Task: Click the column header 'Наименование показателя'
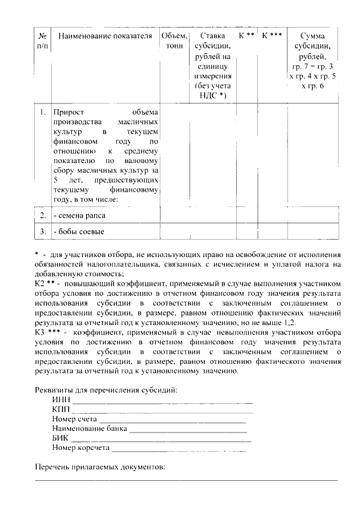(105, 36)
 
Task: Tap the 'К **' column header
(246, 35)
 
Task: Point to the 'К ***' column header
(272, 35)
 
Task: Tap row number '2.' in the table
(43, 215)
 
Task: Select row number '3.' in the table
(43, 231)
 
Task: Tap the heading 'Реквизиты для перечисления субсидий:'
(106, 390)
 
